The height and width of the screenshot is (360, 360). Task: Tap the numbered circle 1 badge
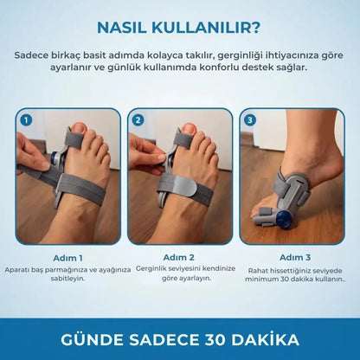click(x=26, y=120)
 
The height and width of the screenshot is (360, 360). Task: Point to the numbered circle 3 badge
click(x=251, y=120)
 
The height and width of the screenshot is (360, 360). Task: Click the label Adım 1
click(x=67, y=257)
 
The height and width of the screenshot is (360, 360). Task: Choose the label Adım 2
click(x=180, y=257)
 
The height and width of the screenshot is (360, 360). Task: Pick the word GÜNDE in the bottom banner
click(x=87, y=336)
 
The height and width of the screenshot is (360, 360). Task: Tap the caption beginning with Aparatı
click(x=67, y=274)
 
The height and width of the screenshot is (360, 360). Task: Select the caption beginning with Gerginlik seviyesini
click(x=180, y=274)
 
